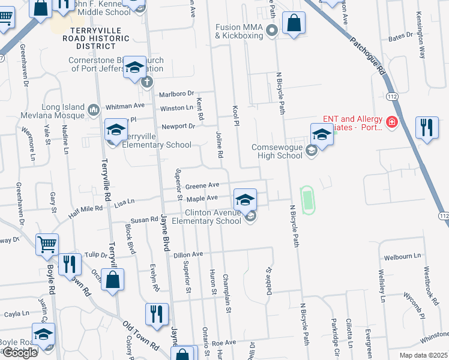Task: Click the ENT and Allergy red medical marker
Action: coord(391,122)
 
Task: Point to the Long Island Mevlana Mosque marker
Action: coord(93,110)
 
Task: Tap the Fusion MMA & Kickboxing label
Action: coord(240,31)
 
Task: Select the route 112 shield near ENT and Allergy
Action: coord(392,95)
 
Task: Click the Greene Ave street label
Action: coord(202,185)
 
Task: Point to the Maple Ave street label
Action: coord(202,198)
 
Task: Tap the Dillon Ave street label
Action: coord(188,255)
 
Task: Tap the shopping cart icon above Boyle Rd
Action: coord(47,245)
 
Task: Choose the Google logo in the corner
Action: coord(20,353)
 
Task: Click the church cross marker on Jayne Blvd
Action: coord(147,82)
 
